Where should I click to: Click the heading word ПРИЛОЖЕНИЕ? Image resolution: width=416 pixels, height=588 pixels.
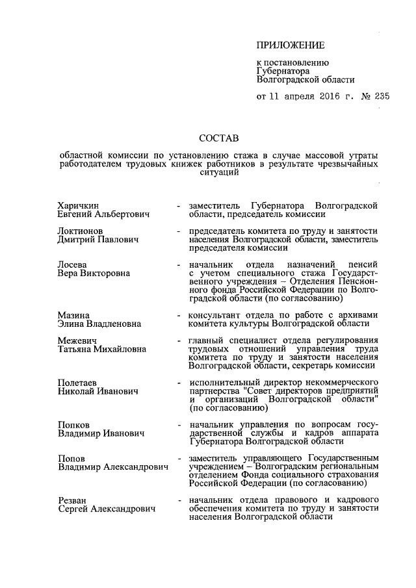pyautogui.click(x=290, y=45)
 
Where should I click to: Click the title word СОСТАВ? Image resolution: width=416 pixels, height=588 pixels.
pyautogui.click(x=218, y=138)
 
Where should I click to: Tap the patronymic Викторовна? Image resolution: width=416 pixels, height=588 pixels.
pyautogui.click(x=105, y=274)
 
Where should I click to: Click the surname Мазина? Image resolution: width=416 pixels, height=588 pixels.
pyautogui.click(x=73, y=315)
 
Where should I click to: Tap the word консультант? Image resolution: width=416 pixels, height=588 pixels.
pyautogui.click(x=213, y=315)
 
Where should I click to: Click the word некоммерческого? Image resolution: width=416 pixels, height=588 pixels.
pyautogui.click(x=342, y=383)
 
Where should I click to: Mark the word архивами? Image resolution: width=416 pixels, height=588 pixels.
pyautogui.click(x=357, y=315)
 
